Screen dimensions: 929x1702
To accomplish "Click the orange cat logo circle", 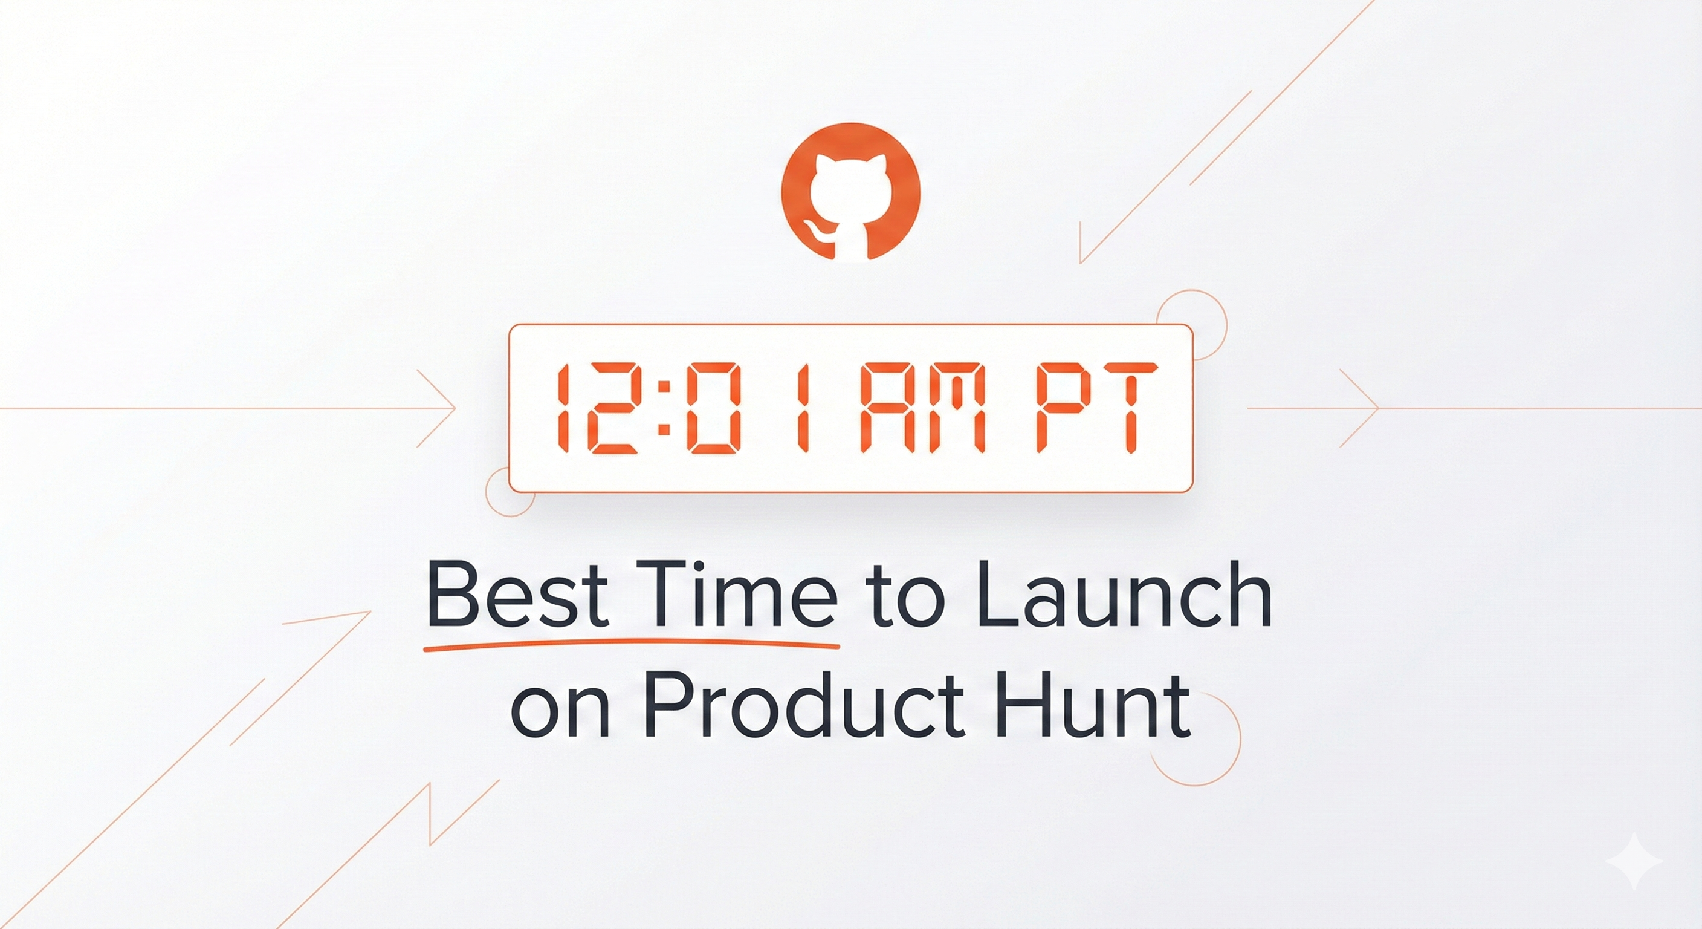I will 850,192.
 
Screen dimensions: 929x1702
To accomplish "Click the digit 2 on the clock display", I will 613,409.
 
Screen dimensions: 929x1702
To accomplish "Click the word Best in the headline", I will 517,595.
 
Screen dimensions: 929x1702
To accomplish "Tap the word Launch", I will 1123,595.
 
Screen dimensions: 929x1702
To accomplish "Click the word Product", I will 806,706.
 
